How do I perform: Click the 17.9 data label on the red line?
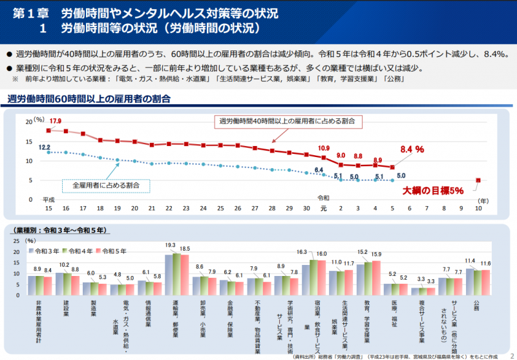pyautogui.click(x=56, y=122)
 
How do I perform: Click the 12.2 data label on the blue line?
pyautogui.click(x=45, y=147)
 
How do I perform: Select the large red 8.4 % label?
pyautogui.click(x=412, y=149)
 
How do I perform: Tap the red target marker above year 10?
pyautogui.click(x=478, y=180)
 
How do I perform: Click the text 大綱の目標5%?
pyautogui.click(x=434, y=191)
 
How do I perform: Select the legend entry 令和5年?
pyautogui.click(x=114, y=250)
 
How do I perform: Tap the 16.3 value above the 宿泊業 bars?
pyautogui.click(x=302, y=252)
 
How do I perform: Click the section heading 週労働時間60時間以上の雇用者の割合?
pyautogui.click(x=89, y=99)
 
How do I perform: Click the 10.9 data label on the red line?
pyautogui.click(x=324, y=148)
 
